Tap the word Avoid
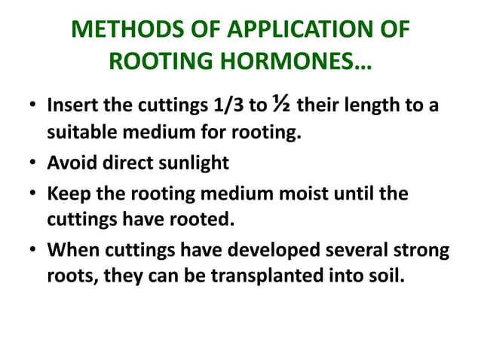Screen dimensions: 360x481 70,163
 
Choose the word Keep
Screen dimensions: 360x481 66,194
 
